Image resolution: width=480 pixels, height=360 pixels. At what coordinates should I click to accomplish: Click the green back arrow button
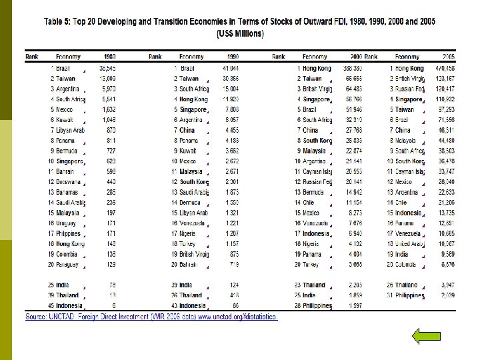(426, 335)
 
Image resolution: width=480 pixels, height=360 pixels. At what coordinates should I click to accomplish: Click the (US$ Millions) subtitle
(239, 33)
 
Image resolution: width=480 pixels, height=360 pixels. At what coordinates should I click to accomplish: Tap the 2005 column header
(448, 57)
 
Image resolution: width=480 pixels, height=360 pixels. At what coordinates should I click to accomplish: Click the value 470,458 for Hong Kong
(445, 68)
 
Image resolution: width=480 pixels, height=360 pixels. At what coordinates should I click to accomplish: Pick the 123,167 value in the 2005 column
(445, 78)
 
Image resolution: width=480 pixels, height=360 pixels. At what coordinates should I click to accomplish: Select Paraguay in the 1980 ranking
(67, 265)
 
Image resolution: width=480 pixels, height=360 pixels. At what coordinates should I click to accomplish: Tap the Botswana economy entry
(69, 181)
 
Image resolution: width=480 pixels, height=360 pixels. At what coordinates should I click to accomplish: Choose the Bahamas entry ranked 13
(69, 192)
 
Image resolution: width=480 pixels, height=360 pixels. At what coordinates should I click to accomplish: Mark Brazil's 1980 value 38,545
(108, 68)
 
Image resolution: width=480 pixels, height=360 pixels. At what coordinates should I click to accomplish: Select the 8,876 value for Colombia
(448, 265)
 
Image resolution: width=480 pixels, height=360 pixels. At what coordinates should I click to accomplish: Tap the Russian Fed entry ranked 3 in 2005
(409, 89)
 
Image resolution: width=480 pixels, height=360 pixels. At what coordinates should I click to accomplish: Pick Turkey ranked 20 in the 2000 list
(311, 265)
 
